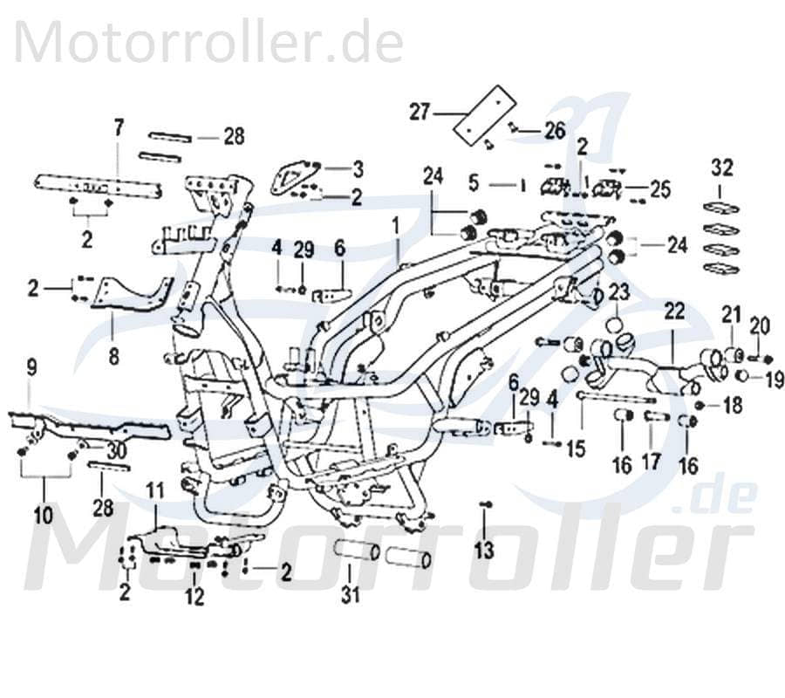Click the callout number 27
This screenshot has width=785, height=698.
click(x=420, y=113)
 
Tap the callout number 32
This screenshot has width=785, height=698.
click(x=722, y=167)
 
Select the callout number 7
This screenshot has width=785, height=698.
click(x=119, y=128)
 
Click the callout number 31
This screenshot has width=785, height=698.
click(x=350, y=596)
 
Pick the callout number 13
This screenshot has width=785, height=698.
click(x=484, y=550)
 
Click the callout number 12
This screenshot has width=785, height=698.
click(x=194, y=597)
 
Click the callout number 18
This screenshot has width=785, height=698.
click(x=732, y=406)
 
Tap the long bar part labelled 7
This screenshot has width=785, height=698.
click(x=98, y=186)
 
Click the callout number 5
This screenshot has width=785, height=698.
click(x=474, y=184)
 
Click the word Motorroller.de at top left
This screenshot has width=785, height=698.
click(x=209, y=42)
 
